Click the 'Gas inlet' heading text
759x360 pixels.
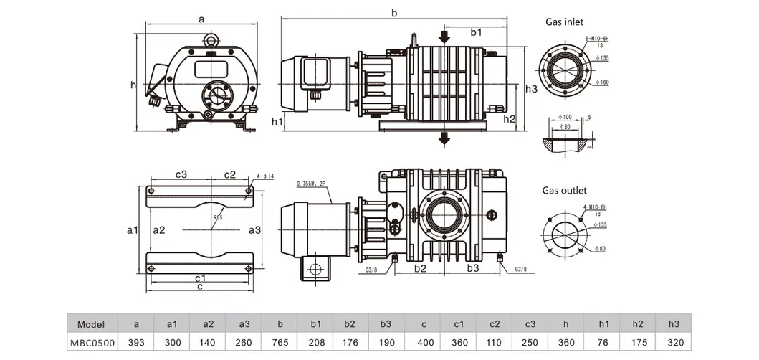(x=565, y=23)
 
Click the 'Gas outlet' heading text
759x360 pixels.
(x=564, y=191)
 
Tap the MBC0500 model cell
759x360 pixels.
(x=92, y=343)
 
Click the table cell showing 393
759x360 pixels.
(x=135, y=343)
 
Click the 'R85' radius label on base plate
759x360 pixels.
(x=217, y=218)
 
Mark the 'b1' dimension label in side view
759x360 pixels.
(x=477, y=32)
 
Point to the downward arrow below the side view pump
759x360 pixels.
(x=445, y=138)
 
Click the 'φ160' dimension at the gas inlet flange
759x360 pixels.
(x=603, y=82)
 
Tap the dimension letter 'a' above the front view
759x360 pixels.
(x=201, y=19)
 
